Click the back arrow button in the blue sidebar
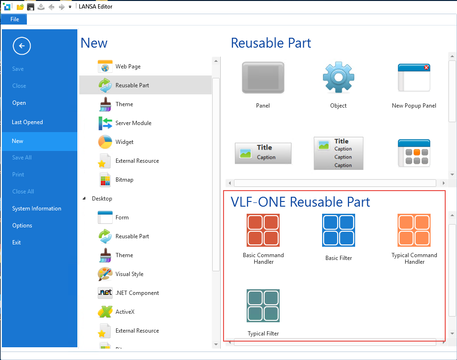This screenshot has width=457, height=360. pos(22,46)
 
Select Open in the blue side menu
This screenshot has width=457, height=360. pos(19,103)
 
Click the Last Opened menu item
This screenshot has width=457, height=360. pos(27,122)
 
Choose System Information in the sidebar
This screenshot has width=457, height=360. pos(37,209)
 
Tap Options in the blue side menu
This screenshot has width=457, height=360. pos(22,226)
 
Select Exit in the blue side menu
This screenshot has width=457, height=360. pos(17,243)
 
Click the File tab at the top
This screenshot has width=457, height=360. pos(15,19)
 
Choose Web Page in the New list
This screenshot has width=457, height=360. pos(128,67)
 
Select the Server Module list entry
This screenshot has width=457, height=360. pos(133,123)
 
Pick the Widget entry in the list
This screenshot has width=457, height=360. pos(125,142)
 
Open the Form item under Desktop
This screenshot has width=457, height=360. pos(122,218)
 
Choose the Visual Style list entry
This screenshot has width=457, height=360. pos(129,274)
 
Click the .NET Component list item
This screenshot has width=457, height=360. pos(137,293)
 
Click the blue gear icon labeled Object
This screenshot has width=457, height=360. pos(338,77)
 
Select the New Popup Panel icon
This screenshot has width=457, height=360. pos(414,77)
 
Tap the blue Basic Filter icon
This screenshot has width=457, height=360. pos(339,230)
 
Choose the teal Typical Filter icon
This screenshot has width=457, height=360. pos(263,306)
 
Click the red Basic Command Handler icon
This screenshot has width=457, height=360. pos(263,230)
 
